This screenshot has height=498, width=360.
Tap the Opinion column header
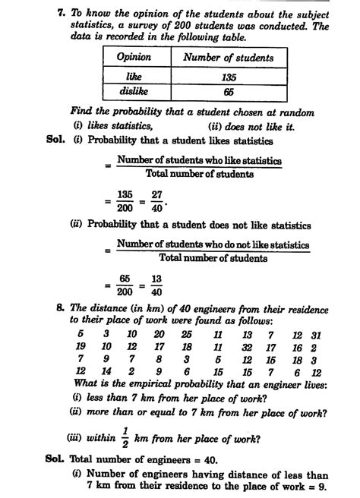(134, 58)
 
